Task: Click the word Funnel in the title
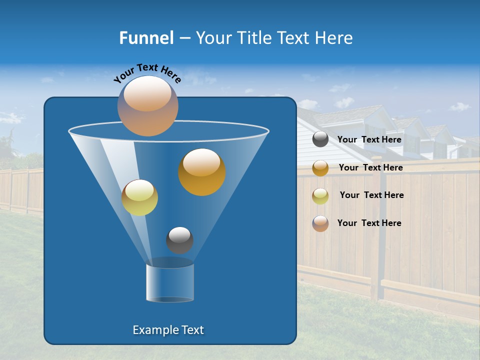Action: (146, 38)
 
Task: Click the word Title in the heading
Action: (254, 38)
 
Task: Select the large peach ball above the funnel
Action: (147, 105)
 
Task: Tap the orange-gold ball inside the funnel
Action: (201, 171)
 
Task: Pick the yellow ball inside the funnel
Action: (139, 197)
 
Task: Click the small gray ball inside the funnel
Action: (179, 240)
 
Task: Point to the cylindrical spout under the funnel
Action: (169, 282)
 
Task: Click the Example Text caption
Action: (168, 330)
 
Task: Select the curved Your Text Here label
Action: (147, 72)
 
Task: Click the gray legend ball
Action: (320, 139)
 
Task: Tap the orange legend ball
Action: (320, 168)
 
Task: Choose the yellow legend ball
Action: (320, 195)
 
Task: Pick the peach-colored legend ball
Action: (320, 223)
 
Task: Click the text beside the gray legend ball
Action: (369, 139)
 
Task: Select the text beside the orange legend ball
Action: (370, 167)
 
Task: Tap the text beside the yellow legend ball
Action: (371, 195)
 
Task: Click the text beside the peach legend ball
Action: (369, 223)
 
